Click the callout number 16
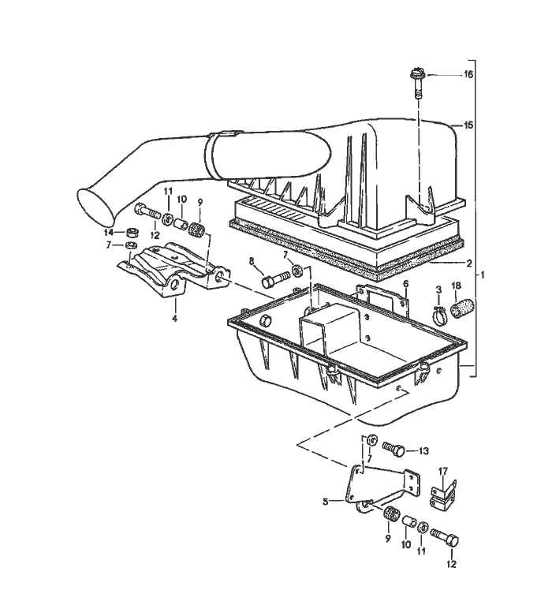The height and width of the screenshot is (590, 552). [x=468, y=75]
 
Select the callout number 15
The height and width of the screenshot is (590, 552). [x=468, y=125]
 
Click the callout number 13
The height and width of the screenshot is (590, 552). [x=423, y=451]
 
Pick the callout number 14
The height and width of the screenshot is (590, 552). [x=109, y=232]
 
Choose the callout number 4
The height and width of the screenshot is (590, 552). [x=174, y=319]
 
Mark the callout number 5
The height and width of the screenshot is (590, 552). [x=324, y=500]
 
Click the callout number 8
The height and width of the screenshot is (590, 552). [x=252, y=261]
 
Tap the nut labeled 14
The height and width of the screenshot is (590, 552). [x=132, y=233]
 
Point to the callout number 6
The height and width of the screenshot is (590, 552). [x=405, y=283]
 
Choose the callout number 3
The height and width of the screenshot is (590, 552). [x=438, y=290]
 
